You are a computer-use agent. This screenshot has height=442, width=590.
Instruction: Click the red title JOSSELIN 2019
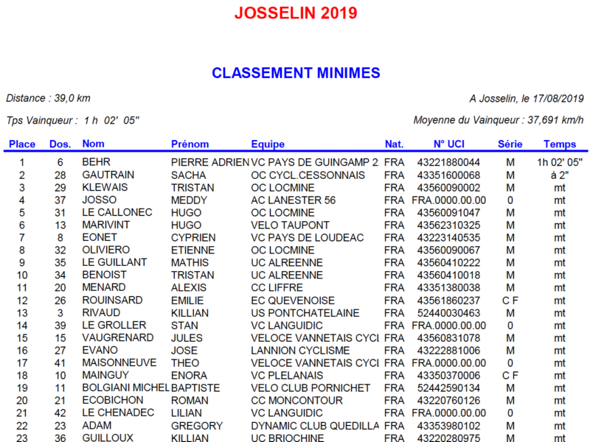(x=296, y=13)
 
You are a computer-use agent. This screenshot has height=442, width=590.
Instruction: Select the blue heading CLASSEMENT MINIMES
(x=296, y=73)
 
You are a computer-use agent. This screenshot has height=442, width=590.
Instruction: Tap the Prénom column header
(x=190, y=144)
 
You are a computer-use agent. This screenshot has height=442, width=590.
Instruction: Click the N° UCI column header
(x=448, y=144)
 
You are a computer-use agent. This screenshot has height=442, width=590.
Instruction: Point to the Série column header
(x=510, y=144)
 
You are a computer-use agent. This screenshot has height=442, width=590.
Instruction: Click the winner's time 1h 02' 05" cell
(x=560, y=162)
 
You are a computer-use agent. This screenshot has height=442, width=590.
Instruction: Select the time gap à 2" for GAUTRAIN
(x=560, y=175)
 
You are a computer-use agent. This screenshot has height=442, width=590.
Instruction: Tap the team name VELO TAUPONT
(x=291, y=225)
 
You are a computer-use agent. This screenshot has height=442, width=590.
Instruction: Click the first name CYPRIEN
(x=193, y=237)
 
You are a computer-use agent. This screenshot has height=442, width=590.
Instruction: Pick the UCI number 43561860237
(x=448, y=300)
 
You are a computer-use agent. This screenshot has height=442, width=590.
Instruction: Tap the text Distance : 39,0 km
(x=48, y=98)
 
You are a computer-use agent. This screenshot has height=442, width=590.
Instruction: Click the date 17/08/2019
(x=557, y=98)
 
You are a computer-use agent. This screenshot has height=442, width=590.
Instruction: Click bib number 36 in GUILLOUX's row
(x=60, y=438)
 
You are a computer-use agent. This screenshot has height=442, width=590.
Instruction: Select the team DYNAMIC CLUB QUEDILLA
(x=315, y=425)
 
